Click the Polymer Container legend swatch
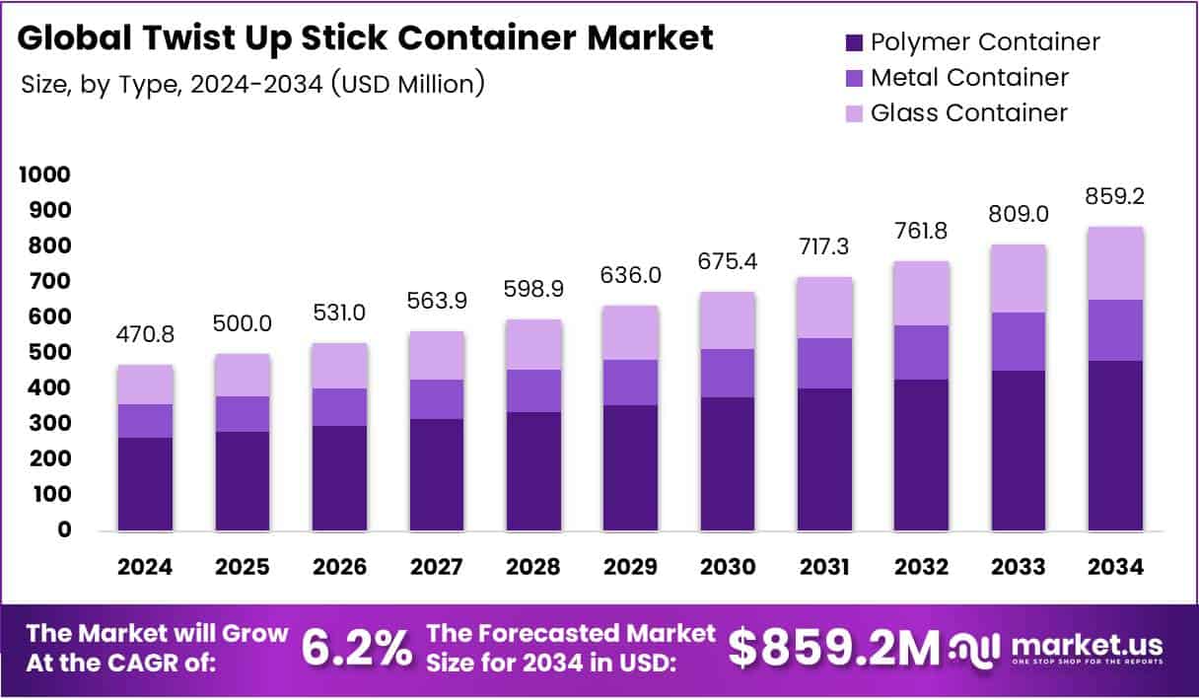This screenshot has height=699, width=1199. [855, 42]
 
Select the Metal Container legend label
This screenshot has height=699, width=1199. [969, 77]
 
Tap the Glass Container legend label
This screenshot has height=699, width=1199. [968, 112]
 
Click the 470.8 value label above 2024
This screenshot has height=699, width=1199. [145, 334]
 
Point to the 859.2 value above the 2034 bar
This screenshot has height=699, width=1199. [1116, 196]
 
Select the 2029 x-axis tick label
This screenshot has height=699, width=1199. [630, 567]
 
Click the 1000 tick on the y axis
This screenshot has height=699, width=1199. [43, 175]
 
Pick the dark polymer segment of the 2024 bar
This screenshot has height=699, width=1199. [145, 483]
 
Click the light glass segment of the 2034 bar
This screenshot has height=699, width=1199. [1116, 262]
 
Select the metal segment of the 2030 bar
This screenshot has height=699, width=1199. [727, 373]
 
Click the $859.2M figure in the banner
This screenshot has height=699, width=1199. [834, 648]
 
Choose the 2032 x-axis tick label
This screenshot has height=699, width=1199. [921, 567]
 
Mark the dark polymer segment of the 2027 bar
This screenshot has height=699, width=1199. [436, 474]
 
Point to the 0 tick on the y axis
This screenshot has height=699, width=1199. [63, 529]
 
